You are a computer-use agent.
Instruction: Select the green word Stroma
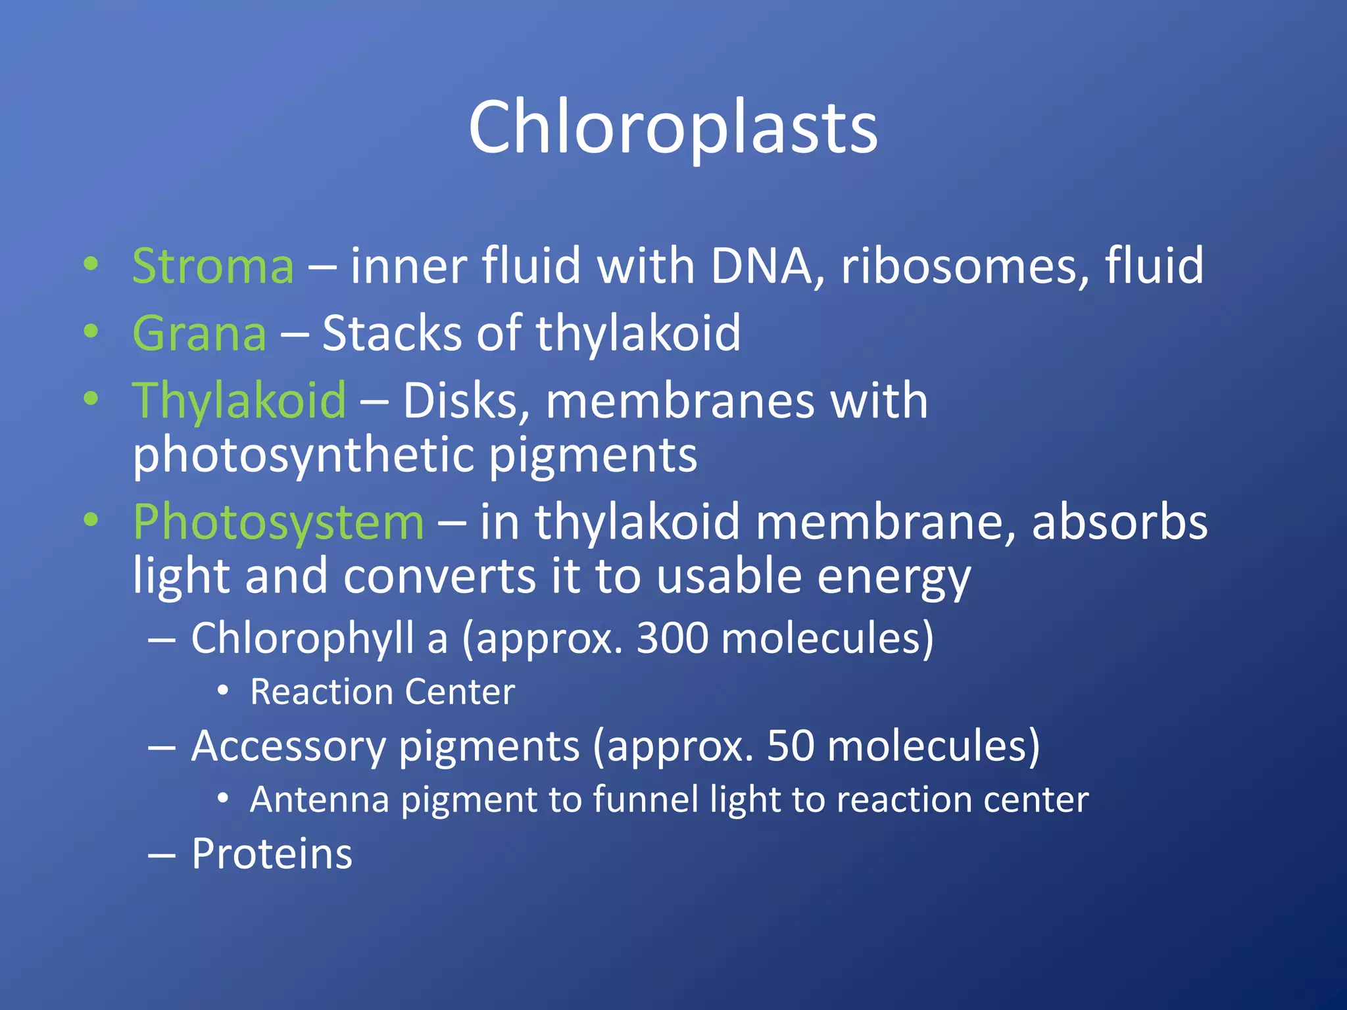(x=212, y=266)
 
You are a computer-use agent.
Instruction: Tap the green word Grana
(x=199, y=333)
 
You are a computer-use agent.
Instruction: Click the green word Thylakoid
(x=239, y=400)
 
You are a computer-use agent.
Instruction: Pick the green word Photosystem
(x=278, y=521)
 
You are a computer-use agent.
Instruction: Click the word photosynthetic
(x=303, y=456)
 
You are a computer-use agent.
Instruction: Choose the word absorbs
(x=1119, y=521)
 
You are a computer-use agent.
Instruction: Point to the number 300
(x=672, y=638)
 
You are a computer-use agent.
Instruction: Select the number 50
(x=790, y=746)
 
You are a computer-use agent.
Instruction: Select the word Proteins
(x=272, y=854)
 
